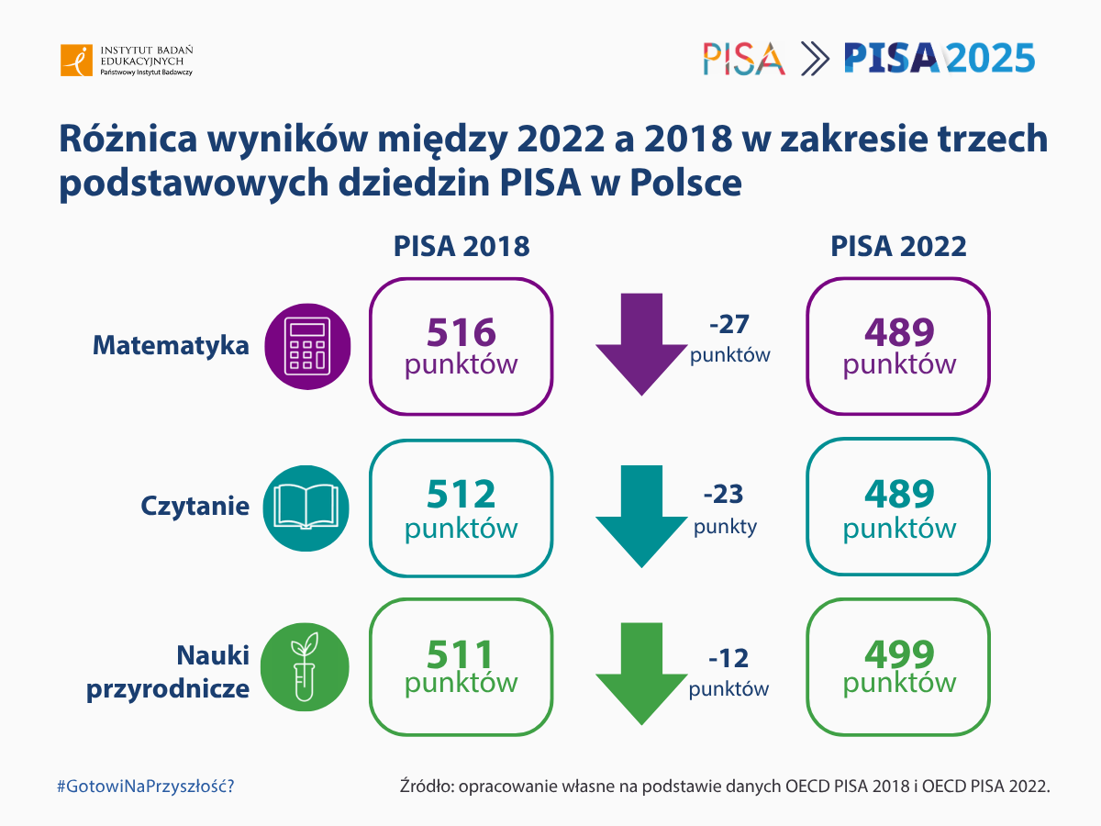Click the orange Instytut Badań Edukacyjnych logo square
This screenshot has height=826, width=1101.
(x=76, y=61)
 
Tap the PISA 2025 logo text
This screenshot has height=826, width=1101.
(x=940, y=58)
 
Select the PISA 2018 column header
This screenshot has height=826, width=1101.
(x=462, y=246)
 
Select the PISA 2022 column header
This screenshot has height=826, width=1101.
(x=898, y=246)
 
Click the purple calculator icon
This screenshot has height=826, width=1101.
(x=307, y=347)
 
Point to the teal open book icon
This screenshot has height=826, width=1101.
(x=306, y=508)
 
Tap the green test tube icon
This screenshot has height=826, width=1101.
(x=305, y=667)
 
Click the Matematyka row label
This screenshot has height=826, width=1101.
(x=171, y=346)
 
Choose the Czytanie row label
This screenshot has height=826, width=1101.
(x=195, y=507)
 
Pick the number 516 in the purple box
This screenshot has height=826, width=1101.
(x=462, y=332)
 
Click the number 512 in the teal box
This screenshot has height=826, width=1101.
(x=462, y=494)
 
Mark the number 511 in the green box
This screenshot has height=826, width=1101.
(x=461, y=654)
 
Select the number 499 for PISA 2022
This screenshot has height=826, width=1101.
(x=899, y=654)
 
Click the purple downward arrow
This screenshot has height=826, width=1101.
(x=641, y=344)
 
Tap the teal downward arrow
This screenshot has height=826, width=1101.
(x=641, y=517)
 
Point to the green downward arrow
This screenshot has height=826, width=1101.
(x=641, y=674)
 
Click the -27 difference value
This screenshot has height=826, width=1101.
(x=729, y=325)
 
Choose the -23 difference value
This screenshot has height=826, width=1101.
(x=723, y=494)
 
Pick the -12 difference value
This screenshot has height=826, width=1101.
(x=728, y=658)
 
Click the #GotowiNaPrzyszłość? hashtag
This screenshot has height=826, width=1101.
(x=146, y=786)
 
